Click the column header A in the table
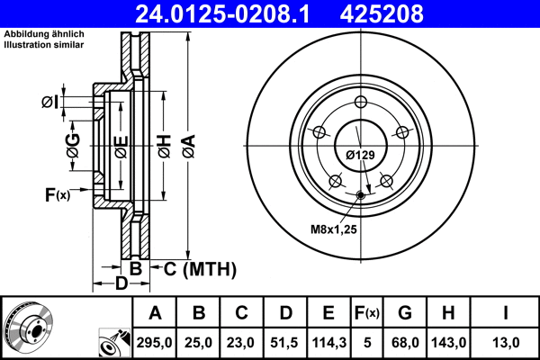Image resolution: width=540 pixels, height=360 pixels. (156, 313)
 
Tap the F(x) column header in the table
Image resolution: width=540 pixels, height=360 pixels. (367, 313)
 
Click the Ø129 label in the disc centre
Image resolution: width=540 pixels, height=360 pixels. (360, 155)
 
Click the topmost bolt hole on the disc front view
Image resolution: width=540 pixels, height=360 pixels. (360, 102)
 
